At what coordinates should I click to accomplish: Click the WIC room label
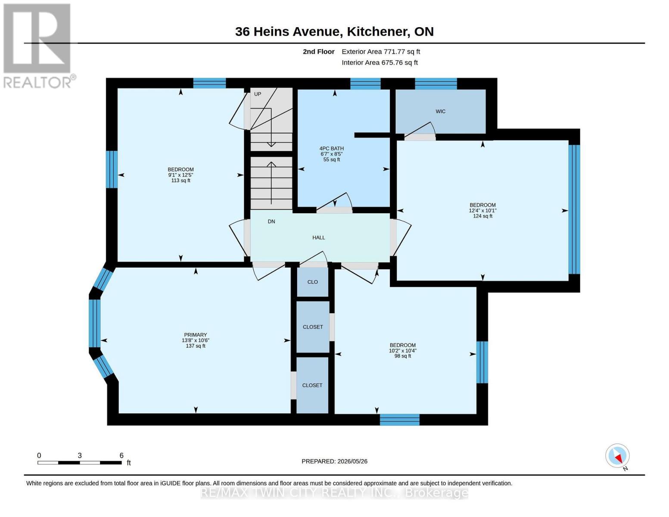coord(440,112)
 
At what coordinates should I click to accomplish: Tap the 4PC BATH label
coord(331,148)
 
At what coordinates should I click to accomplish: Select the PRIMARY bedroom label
coord(195,335)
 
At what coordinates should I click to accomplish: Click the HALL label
coord(318,237)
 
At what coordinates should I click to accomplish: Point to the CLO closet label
coord(312,282)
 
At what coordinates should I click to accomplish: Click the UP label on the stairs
coord(257,94)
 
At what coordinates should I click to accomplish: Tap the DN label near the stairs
coord(271,221)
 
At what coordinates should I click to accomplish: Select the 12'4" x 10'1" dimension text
coord(482,211)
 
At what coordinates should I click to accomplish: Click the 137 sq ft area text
coord(195,346)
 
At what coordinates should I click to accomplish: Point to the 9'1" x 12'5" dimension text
coord(180,175)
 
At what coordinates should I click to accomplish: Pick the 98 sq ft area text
coord(402,356)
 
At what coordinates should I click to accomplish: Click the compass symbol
coord(617,456)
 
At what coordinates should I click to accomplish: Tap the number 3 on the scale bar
coord(79,455)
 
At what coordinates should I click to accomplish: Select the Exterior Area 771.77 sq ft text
coord(381,52)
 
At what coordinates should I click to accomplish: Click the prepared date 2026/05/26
coord(352,461)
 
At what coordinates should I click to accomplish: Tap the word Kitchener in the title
coord(378,32)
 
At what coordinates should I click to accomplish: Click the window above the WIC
coord(436,84)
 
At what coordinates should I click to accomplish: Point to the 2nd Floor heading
coord(319,52)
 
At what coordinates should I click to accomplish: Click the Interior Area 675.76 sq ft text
coord(380,63)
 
